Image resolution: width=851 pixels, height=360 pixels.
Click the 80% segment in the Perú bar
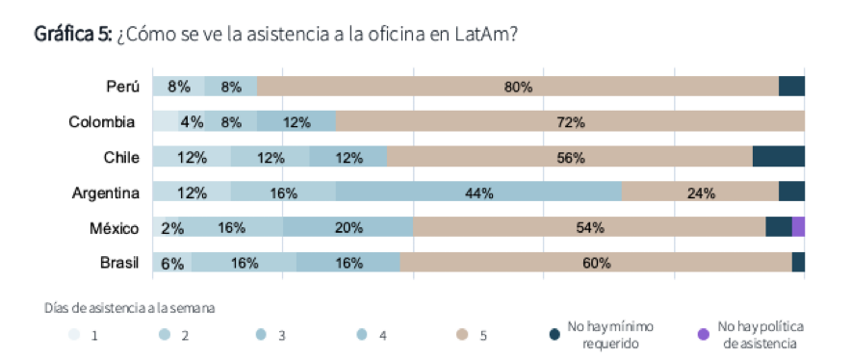tap(518, 87)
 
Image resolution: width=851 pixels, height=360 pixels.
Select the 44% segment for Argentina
tap(478, 193)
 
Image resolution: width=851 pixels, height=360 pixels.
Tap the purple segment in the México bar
tap(798, 227)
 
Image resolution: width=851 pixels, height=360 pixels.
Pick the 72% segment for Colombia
tap(570, 122)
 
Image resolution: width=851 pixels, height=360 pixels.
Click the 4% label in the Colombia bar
tap(191, 122)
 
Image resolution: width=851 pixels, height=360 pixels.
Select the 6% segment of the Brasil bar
tap(172, 263)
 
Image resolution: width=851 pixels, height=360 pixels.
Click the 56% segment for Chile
tap(570, 157)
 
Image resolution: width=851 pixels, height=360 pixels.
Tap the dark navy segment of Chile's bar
tap(778, 157)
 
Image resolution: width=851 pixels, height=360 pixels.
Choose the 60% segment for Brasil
tap(596, 263)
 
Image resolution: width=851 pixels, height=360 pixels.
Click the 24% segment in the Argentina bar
tap(700, 193)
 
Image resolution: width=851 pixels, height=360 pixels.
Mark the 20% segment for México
tap(348, 228)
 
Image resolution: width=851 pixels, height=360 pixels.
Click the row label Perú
tap(123, 87)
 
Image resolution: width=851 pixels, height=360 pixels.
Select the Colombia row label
tap(101, 122)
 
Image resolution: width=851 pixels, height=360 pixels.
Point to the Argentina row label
tap(106, 193)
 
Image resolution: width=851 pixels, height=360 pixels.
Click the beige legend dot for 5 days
tap(460, 335)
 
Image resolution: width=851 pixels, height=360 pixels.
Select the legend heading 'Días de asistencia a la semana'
tap(129, 308)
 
